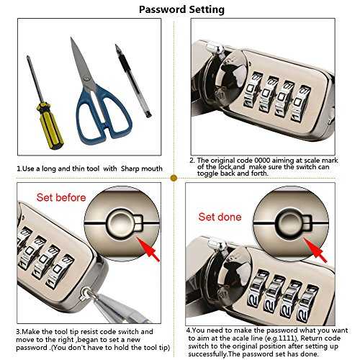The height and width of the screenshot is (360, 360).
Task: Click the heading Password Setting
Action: click(181, 9)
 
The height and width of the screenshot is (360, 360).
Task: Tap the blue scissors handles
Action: click(104, 114)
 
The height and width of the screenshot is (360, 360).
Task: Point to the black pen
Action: click(133, 81)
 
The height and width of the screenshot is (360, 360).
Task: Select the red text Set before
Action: click(61, 197)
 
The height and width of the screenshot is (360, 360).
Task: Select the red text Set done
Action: click(220, 217)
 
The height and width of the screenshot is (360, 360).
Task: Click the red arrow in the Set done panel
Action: click(315, 250)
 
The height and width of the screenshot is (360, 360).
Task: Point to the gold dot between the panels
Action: click(174, 178)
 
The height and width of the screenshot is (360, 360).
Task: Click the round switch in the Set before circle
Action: click(121, 222)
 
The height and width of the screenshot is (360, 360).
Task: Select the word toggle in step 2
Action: click(207, 174)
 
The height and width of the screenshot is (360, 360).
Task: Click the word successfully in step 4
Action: click(207, 354)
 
